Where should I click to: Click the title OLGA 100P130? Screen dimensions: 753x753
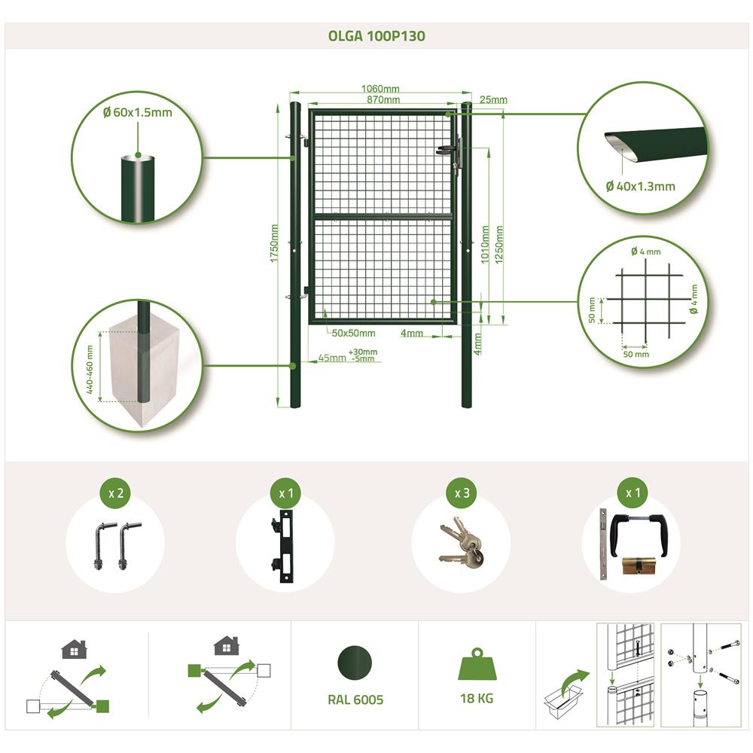tap(376, 36)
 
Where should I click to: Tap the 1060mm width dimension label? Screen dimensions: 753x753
tap(380, 89)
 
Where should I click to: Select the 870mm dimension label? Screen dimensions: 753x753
tap(383, 100)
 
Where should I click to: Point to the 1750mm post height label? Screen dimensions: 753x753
tap(274, 243)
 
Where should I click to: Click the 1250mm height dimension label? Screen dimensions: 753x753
tap(499, 245)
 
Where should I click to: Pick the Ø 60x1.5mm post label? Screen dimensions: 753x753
tap(137, 112)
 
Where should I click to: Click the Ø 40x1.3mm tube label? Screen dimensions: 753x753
tap(641, 186)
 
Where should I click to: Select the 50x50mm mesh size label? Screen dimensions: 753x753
tap(353, 334)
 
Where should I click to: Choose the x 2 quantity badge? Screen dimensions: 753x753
tap(116, 493)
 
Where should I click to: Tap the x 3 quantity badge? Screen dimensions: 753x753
tap(462, 493)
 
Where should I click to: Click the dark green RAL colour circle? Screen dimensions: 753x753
tap(355, 663)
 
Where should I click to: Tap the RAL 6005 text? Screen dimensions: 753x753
tap(355, 700)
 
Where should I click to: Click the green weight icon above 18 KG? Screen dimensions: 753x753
tap(477, 664)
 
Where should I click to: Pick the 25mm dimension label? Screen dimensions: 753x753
tap(493, 100)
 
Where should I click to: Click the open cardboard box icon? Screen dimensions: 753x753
tap(562, 702)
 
